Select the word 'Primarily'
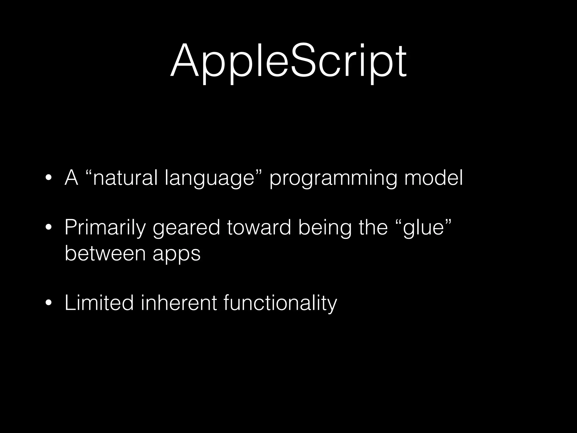105,227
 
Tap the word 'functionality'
280,303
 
